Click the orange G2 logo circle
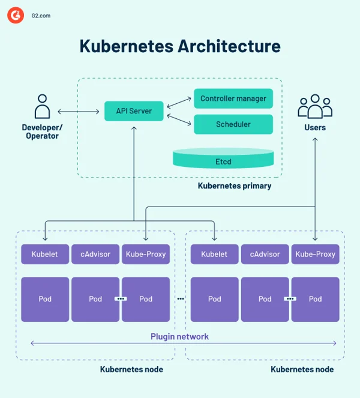click(x=16, y=16)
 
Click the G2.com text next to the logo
click(x=41, y=16)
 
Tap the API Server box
click(x=133, y=111)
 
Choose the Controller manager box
click(x=233, y=98)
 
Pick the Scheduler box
click(x=233, y=124)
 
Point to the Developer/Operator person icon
click(x=42, y=107)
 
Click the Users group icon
click(x=314, y=107)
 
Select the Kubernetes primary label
click(x=235, y=186)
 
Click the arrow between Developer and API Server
click(x=79, y=112)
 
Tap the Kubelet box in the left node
click(x=45, y=254)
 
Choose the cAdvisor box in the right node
click(x=265, y=254)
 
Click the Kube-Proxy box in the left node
click(x=146, y=254)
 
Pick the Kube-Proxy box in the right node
click(x=315, y=254)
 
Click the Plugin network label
click(x=179, y=336)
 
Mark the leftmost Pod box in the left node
click(x=45, y=299)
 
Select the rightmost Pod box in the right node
click(x=315, y=299)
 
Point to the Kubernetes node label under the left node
click(x=131, y=369)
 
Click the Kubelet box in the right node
click(x=214, y=254)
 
